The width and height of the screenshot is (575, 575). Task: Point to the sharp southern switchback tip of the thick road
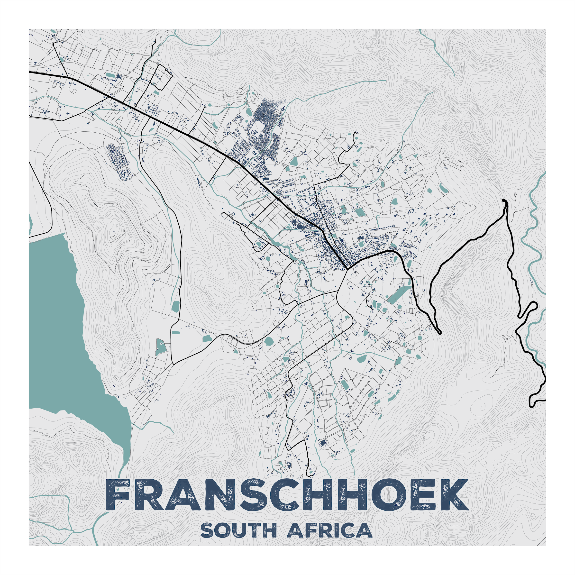pos(439,332)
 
